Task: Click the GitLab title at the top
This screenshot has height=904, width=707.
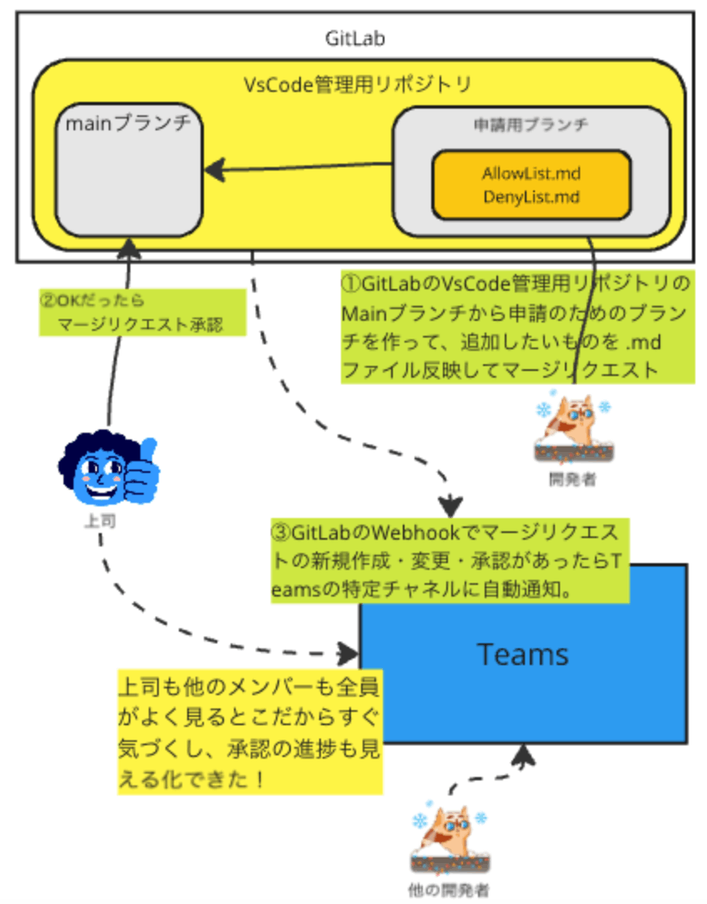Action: [x=354, y=38]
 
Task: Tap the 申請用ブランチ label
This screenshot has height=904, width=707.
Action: [x=531, y=124]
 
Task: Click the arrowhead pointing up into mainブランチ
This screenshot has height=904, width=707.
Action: [x=129, y=246]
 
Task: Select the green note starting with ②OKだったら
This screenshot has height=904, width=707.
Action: [x=142, y=312]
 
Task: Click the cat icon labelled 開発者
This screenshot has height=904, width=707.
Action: [x=573, y=426]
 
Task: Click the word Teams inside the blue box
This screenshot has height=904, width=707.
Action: [x=522, y=654]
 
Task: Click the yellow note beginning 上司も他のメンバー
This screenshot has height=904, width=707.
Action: [x=249, y=732]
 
